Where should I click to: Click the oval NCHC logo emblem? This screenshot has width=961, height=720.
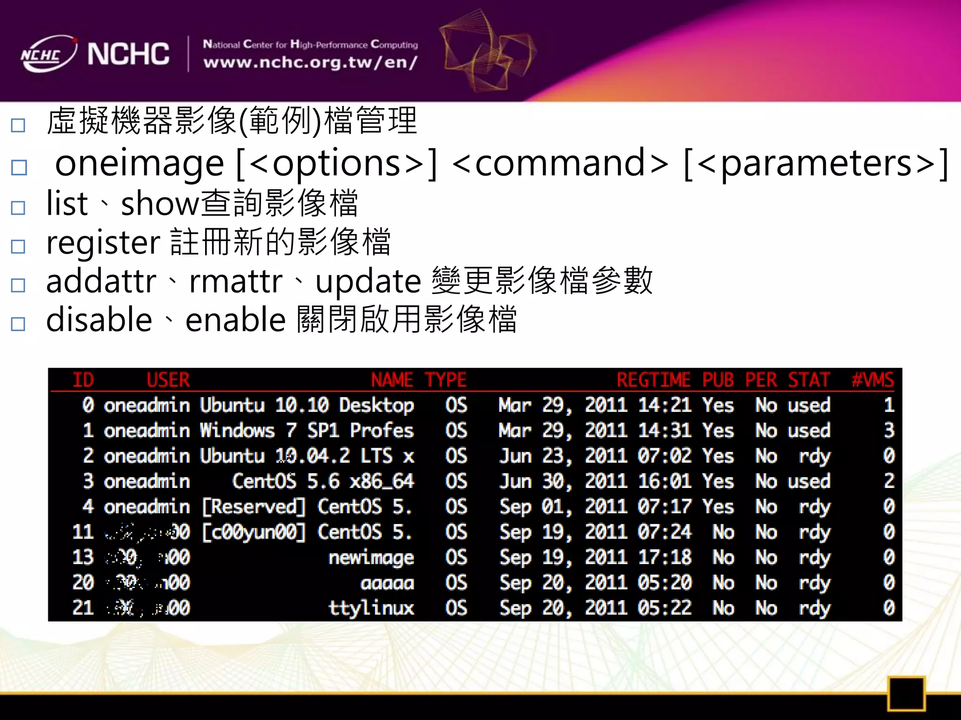[x=48, y=54]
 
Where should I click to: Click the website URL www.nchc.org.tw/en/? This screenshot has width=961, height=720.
[x=310, y=62]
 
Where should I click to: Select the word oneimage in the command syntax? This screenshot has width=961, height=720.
[x=139, y=163]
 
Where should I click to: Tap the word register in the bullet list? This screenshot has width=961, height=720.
[x=103, y=242]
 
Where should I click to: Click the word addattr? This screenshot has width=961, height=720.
[x=101, y=281]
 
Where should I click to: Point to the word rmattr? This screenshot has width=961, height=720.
[x=236, y=281]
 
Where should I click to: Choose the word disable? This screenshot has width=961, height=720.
[x=99, y=320]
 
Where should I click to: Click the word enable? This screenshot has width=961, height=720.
[x=236, y=320]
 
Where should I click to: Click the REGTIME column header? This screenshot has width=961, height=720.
[x=653, y=380]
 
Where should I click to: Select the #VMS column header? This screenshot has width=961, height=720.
[x=873, y=380]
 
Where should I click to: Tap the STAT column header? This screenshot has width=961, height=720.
[x=808, y=380]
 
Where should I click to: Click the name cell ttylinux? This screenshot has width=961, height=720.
[x=371, y=608]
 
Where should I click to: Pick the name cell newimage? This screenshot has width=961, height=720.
[x=371, y=557]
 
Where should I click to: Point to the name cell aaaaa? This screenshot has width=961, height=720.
[x=387, y=583]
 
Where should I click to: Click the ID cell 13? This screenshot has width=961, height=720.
[x=83, y=557]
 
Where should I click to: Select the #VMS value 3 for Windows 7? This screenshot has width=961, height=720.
[x=889, y=430]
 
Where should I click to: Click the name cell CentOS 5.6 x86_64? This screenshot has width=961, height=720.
[x=323, y=481]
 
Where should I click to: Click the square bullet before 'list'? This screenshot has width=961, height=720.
[x=18, y=208]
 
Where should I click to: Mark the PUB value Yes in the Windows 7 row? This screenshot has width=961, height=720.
[x=718, y=430]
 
